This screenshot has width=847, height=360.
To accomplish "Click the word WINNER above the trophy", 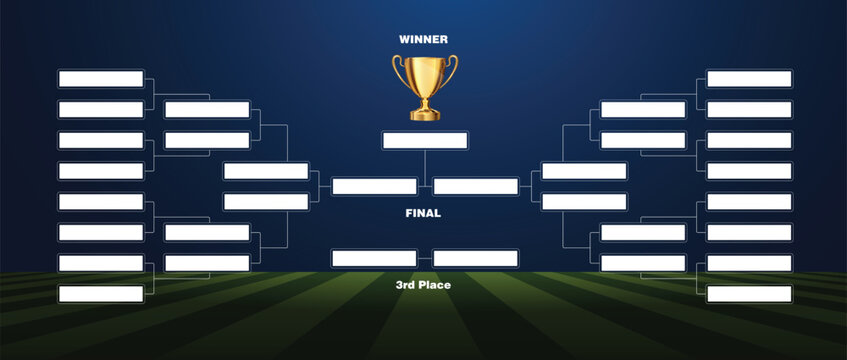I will pyautogui.click(x=423, y=40).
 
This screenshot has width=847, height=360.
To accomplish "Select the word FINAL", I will pyautogui.click(x=423, y=213).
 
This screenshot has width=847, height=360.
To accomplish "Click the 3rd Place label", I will pyautogui.click(x=423, y=285).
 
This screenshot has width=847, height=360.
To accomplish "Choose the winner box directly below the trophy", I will pyautogui.click(x=425, y=140).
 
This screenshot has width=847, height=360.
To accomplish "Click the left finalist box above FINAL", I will pyautogui.click(x=374, y=186).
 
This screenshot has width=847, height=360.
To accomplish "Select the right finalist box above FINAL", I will pyautogui.click(x=476, y=186).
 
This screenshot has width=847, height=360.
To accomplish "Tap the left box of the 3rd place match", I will pyautogui.click(x=374, y=258).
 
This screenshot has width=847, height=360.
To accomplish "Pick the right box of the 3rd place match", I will pyautogui.click(x=476, y=258).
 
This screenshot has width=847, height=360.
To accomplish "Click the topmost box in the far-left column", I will pyautogui.click(x=101, y=78).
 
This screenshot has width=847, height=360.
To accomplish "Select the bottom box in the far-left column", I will pyautogui.click(x=101, y=294).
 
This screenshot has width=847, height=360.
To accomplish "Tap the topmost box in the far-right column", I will pyautogui.click(x=749, y=78).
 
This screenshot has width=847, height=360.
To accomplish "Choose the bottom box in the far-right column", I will pyautogui.click(x=749, y=294).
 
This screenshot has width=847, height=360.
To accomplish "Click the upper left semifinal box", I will pyautogui.click(x=266, y=171).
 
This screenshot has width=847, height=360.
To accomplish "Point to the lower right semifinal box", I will pyautogui.click(x=584, y=202).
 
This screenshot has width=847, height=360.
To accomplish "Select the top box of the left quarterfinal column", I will pyautogui.click(x=207, y=109).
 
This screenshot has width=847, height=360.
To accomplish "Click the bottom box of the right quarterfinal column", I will pyautogui.click(x=643, y=263).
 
